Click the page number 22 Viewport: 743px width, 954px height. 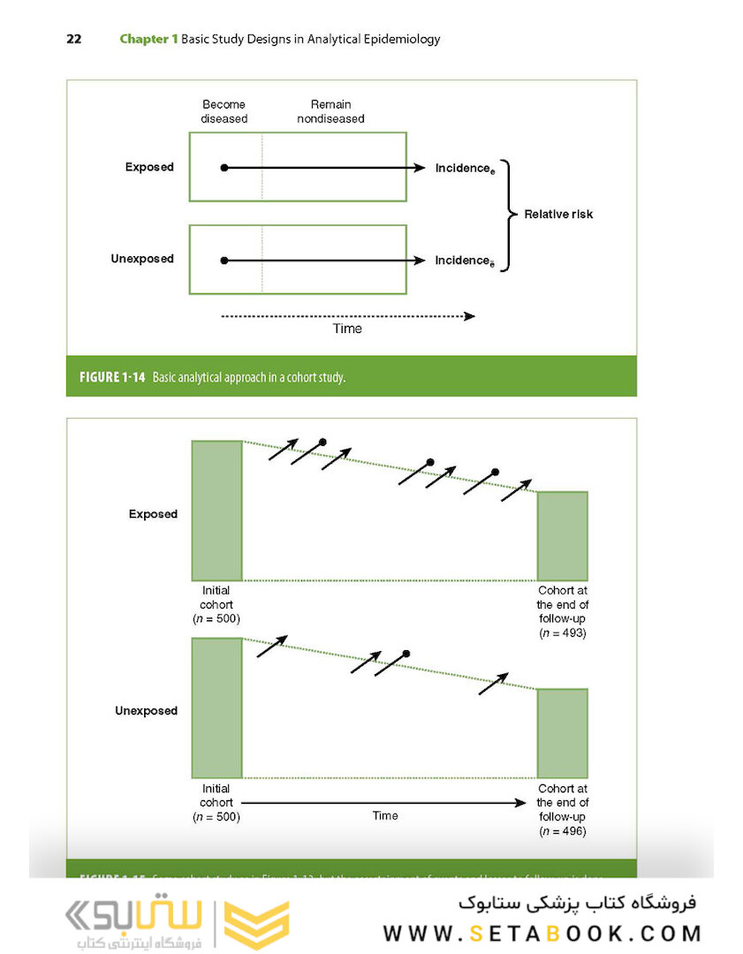(x=73, y=39)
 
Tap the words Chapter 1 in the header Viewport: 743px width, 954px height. (x=148, y=39)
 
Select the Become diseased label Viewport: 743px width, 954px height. (x=224, y=111)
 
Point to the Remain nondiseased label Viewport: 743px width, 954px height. (x=330, y=111)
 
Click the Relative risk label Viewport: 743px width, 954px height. (x=558, y=214)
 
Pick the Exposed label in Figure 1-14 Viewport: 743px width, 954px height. (x=149, y=167)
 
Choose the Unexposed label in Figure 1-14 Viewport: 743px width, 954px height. (x=142, y=259)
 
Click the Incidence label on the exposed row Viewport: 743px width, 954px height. (x=464, y=168)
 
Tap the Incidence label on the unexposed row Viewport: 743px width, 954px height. (x=464, y=261)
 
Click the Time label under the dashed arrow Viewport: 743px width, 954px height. (x=347, y=329)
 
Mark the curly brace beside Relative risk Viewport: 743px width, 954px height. (x=506, y=214)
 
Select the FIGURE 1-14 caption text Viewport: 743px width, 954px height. (x=206, y=377)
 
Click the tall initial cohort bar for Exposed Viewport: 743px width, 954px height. (x=216, y=511)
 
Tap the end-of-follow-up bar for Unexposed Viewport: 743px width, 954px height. (x=562, y=733)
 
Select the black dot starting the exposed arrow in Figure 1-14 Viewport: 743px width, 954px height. (x=224, y=168)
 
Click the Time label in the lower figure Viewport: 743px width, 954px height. (x=385, y=815)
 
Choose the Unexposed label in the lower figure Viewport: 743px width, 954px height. (x=146, y=711)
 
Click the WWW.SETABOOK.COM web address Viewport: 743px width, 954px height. (x=542, y=934)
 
